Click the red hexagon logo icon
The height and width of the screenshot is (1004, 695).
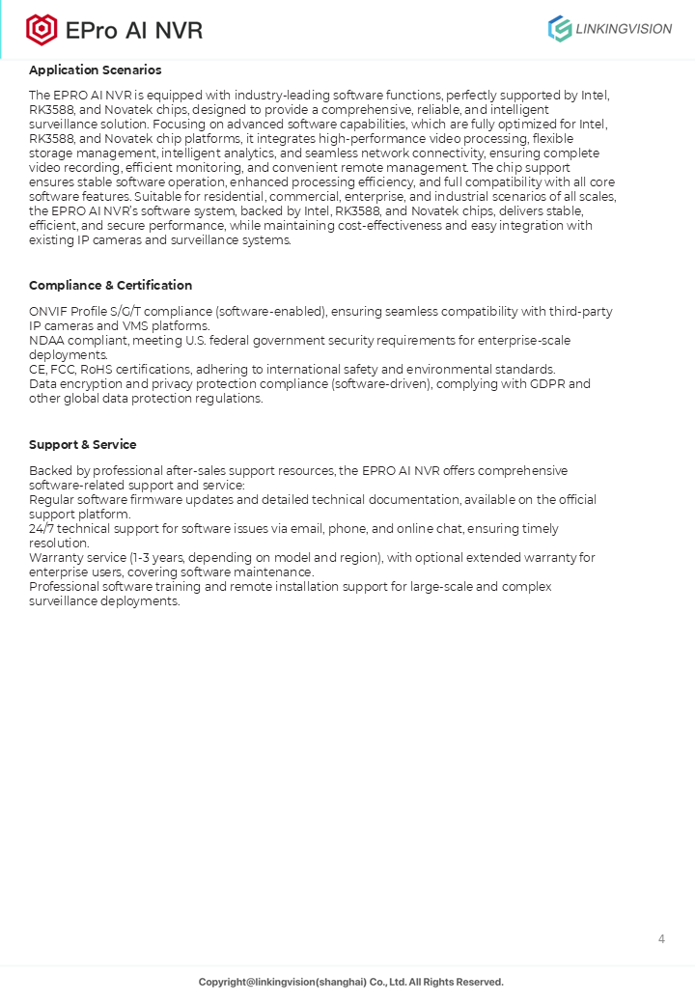click(42, 30)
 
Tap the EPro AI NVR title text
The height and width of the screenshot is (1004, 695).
click(134, 31)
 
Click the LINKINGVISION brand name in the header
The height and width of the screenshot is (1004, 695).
click(623, 29)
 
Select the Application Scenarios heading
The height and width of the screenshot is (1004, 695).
click(96, 70)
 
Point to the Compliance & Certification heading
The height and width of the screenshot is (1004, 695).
click(111, 286)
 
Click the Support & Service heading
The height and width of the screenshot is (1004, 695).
click(83, 445)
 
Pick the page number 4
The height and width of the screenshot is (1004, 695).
click(661, 939)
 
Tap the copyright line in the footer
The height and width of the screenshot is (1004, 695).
click(351, 982)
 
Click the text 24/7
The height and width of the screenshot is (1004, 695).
click(43, 529)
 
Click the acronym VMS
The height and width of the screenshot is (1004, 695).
click(138, 326)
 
